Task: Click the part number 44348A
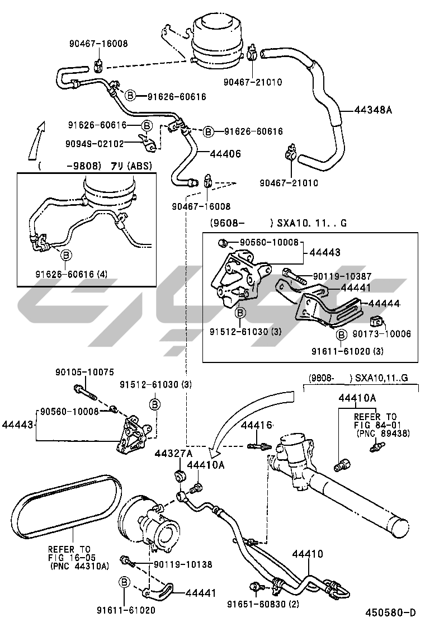373,110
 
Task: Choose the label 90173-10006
381,334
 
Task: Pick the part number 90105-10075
84,372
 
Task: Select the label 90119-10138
183,564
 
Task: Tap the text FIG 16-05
70,557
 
